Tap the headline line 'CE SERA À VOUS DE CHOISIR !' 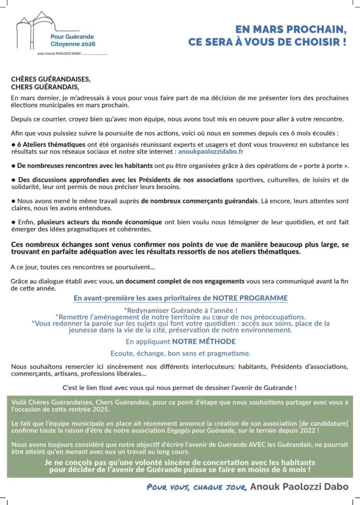[x=267, y=42]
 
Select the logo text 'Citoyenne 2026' [x=73, y=44]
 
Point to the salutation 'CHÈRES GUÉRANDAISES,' [x=51, y=79]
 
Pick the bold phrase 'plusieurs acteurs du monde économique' [x=100, y=222]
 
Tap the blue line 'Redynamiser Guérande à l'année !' [x=181, y=310]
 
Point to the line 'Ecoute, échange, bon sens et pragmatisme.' [x=180, y=353]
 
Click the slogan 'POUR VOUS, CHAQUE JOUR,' [x=197, y=487]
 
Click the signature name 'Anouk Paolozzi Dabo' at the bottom [x=299, y=487]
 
